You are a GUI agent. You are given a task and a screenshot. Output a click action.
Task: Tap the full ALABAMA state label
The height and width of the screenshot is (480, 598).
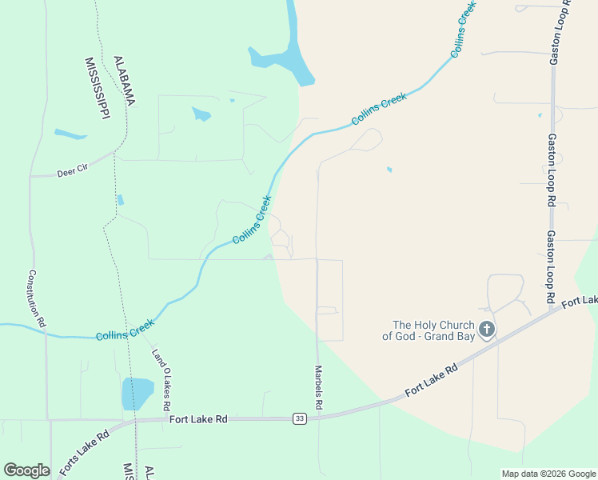pos(124,81)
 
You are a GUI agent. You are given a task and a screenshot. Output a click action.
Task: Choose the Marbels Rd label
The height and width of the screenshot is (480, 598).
pos(318,388)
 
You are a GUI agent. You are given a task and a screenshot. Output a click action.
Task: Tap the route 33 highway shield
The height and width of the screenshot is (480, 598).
pos(300,418)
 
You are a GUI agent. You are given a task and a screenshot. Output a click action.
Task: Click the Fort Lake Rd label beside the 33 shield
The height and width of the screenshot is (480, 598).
pos(198,418)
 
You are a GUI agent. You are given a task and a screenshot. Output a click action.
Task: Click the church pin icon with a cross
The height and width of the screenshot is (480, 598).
pos(486,329)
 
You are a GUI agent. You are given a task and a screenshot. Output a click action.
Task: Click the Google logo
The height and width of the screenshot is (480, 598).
pos(26,470)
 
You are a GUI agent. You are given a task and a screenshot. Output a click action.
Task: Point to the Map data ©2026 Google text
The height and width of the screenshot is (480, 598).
pos(548,474)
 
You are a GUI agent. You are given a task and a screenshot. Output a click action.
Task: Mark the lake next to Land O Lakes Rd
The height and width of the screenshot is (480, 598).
pos(138,394)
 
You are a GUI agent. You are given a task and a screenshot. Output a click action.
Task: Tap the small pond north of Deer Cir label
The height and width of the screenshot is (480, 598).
pos(70,134)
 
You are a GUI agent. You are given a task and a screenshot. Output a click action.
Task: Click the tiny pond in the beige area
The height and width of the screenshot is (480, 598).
pos(389,170)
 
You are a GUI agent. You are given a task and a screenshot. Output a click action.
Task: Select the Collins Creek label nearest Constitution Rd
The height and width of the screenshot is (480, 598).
pos(124,330)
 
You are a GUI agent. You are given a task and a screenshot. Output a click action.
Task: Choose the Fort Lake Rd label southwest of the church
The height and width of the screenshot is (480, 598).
pos(431,380)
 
